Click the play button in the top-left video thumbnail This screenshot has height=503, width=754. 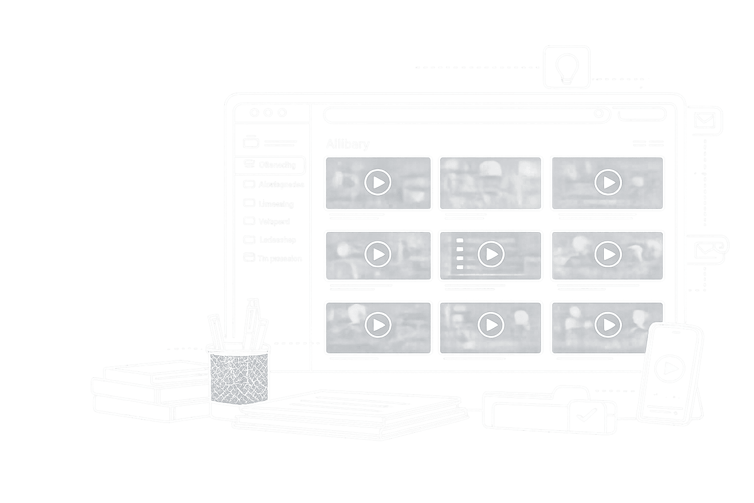377,182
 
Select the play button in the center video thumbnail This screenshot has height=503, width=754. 491,254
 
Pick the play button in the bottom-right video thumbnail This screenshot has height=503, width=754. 608,325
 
